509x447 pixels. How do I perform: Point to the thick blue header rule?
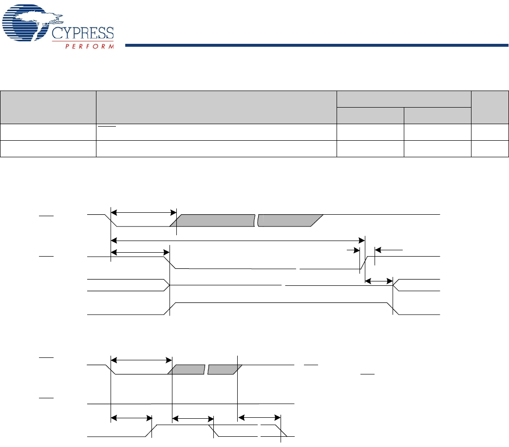click(317, 46)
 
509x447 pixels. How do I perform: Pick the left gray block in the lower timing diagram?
click(186, 370)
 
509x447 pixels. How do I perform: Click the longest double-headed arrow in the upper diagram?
click(238, 239)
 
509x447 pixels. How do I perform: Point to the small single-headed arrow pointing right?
click(352, 249)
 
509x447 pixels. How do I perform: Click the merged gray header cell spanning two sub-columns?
click(404, 99)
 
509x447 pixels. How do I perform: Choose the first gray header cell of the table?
click(48, 107)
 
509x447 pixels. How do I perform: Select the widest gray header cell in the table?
click(216, 107)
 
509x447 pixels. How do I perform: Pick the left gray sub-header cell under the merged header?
click(370, 115)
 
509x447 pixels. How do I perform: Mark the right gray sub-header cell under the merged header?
click(437, 115)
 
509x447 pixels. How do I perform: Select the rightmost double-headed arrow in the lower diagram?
click(261, 417)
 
